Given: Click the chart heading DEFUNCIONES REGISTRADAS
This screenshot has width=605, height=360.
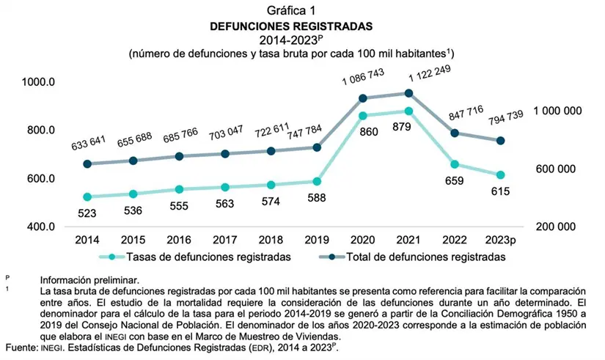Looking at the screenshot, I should pyautogui.click(x=291, y=26).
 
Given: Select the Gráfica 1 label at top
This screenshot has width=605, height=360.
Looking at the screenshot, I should pyautogui.click(x=291, y=10).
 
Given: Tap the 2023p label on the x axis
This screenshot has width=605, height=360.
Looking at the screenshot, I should pyautogui.click(x=500, y=240).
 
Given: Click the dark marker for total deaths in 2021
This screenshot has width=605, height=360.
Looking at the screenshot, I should pyautogui.click(x=408, y=93).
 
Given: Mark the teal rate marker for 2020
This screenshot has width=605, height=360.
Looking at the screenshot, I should pyautogui.click(x=363, y=115).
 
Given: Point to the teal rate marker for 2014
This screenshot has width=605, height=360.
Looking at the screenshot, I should pyautogui.click(x=87, y=196).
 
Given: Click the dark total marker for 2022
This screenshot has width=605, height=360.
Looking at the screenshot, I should pyautogui.click(x=455, y=133).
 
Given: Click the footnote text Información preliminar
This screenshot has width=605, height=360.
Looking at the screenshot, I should pyautogui.click(x=89, y=280).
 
